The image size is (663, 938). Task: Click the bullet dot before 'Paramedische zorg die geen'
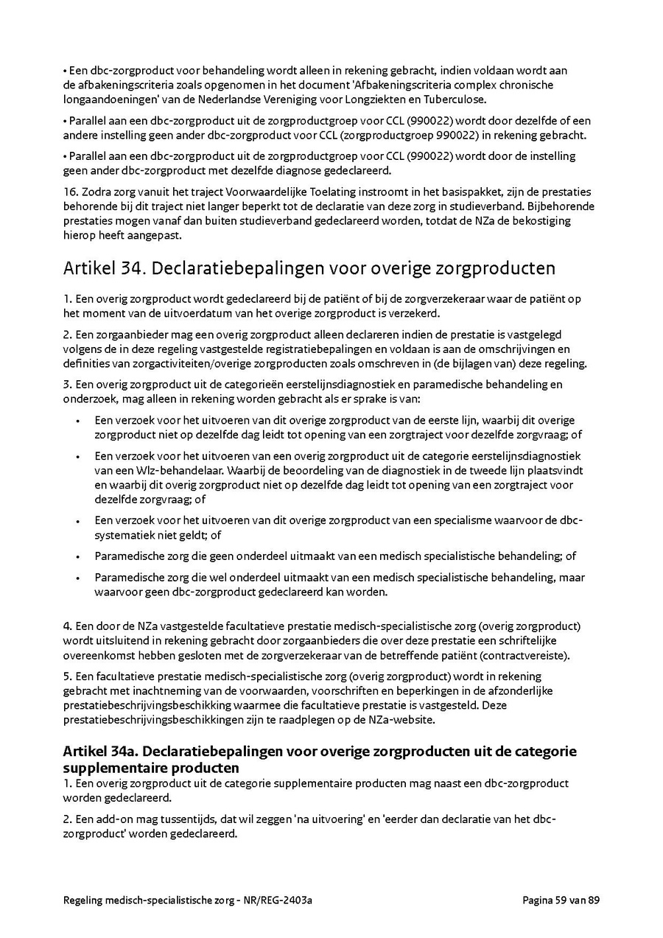tap(77, 556)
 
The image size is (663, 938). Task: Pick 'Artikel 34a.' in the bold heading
tap(98, 752)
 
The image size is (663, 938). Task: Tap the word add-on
tap(111, 819)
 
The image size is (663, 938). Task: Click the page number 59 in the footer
tap(564, 900)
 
